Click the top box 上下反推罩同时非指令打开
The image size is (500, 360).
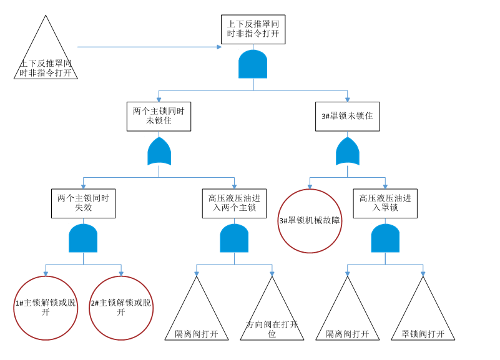[x=253, y=29]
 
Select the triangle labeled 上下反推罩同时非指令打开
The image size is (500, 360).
[x=46, y=59]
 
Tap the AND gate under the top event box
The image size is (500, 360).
[x=253, y=64]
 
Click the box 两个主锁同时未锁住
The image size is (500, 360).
[x=159, y=116]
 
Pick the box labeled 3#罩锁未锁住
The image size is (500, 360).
[x=347, y=116]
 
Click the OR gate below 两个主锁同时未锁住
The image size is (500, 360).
[x=159, y=152]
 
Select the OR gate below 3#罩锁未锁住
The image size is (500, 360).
[x=347, y=152]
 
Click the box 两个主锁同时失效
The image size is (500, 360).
[x=83, y=203]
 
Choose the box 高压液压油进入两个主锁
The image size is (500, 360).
[x=234, y=203]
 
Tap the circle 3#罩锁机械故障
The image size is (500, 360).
[x=310, y=221]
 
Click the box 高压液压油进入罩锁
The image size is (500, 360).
[x=385, y=203]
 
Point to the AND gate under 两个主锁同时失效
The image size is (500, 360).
[x=83, y=238]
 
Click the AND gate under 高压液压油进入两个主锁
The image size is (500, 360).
[x=234, y=238]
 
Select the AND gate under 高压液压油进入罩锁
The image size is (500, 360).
[x=385, y=238]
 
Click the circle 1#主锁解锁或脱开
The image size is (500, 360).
[x=46, y=308]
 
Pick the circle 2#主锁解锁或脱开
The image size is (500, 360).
[x=121, y=308]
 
